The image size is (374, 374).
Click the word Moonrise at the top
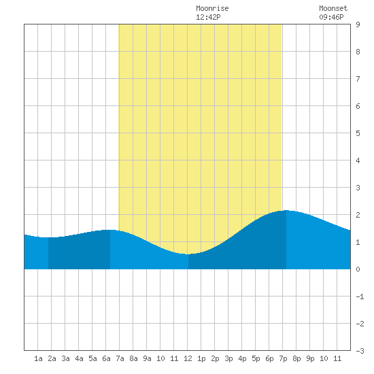pos(212,8)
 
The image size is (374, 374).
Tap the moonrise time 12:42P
pos(208,17)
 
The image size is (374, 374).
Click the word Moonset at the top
pos(333,8)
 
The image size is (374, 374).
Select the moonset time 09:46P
pos(331,17)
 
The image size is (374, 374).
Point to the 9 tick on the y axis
pos(358,24)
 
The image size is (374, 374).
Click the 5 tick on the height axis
pos(358,133)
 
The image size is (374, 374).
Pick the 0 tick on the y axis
pos(358,269)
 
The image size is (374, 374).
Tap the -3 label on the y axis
pos(360,351)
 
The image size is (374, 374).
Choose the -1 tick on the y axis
pos(360,296)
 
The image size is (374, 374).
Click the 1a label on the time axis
pos(38,358)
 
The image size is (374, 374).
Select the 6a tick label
pos(106,358)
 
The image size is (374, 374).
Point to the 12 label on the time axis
pos(188,358)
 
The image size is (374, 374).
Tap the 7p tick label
pos(283,358)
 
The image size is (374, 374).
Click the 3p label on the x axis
pos(228,358)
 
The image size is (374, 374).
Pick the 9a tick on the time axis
pos(147,358)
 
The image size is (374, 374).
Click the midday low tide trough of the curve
pos(188,254)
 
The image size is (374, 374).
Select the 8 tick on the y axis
pos(358,52)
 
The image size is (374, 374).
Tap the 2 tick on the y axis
pos(358,215)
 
